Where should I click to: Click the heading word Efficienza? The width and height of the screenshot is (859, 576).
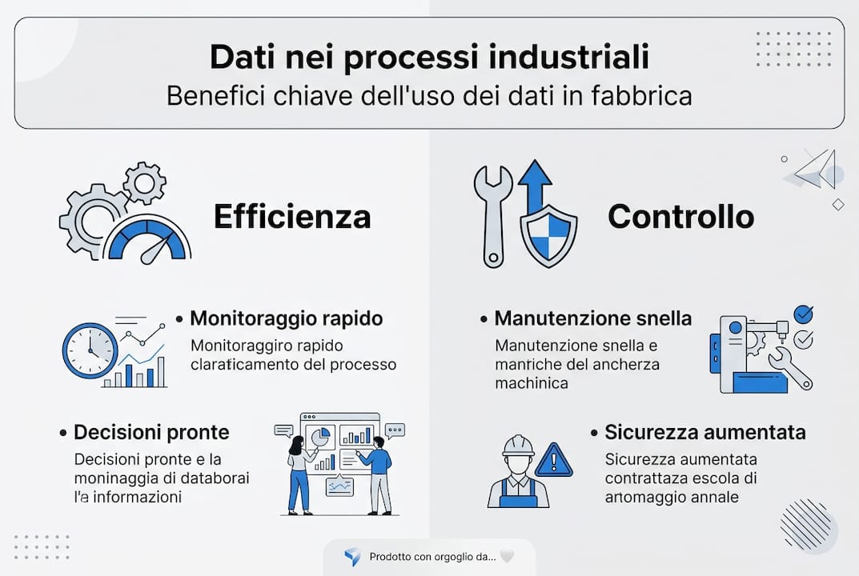click(x=291, y=217)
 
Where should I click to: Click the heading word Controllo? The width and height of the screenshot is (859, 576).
click(x=680, y=217)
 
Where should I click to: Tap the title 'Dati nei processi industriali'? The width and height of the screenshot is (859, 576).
click(x=429, y=58)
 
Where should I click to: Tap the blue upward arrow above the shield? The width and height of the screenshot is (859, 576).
click(x=535, y=180)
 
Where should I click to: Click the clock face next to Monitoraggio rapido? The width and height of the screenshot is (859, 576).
click(x=90, y=350)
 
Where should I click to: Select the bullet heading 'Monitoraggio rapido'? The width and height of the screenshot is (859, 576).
click(x=286, y=318)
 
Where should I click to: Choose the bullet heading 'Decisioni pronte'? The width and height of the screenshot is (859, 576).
click(x=151, y=432)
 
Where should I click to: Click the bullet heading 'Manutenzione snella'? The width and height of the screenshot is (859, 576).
click(x=592, y=318)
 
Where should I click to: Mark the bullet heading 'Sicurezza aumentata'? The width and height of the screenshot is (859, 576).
click(x=704, y=433)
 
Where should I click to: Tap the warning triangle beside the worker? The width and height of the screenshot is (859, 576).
click(x=554, y=461)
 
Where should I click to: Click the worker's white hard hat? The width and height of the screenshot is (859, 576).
click(x=518, y=445)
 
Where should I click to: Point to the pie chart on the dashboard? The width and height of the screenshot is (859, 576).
click(x=319, y=436)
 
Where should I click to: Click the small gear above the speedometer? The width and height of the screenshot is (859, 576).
click(x=145, y=183)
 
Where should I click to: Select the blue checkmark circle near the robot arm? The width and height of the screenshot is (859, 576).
click(x=801, y=314)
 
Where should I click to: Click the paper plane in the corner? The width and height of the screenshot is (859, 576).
click(x=817, y=170)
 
